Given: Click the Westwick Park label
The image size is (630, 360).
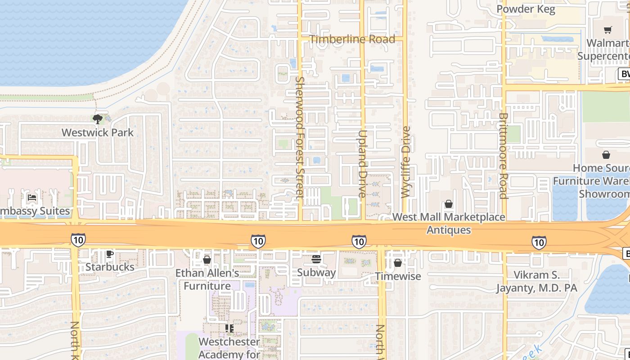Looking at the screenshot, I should click(x=98, y=133).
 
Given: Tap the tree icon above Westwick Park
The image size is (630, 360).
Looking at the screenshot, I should click(x=97, y=119).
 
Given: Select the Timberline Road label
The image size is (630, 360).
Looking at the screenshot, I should click(x=352, y=39).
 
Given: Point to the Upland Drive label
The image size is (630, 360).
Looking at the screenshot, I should click(x=363, y=164).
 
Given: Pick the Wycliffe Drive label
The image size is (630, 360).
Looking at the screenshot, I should click(x=406, y=162).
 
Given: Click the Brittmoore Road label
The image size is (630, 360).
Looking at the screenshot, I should click(x=503, y=155).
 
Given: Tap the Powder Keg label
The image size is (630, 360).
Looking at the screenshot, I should click(x=526, y=9).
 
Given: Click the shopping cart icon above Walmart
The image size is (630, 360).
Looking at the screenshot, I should click(x=608, y=30).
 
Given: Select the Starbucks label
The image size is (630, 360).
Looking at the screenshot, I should click(x=110, y=267).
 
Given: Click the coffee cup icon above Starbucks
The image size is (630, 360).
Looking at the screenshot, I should click(x=109, y=254).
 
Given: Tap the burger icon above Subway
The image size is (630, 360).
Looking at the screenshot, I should click(x=316, y=259).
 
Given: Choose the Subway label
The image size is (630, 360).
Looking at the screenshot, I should click(x=316, y=272).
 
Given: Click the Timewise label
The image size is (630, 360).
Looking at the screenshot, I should click(x=398, y=276).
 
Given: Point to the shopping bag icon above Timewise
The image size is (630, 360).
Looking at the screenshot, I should click(x=398, y=263).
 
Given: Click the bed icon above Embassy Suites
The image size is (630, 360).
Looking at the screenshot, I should click(x=32, y=198).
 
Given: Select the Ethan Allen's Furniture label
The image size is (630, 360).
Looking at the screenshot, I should click(x=207, y=279).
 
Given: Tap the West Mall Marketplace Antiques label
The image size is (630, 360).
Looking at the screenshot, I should click(x=449, y=224).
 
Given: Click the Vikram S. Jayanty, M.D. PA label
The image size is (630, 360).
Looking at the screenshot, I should click(x=536, y=281).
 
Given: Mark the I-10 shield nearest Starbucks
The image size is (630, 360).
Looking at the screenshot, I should click(x=78, y=240).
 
